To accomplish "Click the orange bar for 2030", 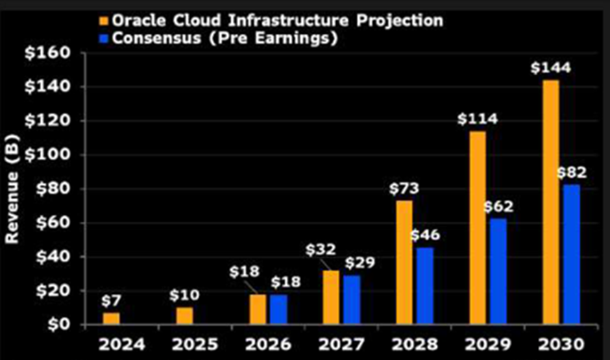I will pyautogui.click(x=550, y=202).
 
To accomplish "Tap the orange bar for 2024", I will pyautogui.click(x=112, y=318).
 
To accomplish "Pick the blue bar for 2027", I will pyautogui.click(x=352, y=299).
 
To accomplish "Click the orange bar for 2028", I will pyautogui.click(x=404, y=262).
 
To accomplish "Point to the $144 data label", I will pyautogui.click(x=550, y=67).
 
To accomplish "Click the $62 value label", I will pyautogui.click(x=498, y=207).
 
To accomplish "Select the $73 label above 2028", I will pyautogui.click(x=403, y=189).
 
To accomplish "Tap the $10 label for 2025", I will pyautogui.click(x=184, y=295).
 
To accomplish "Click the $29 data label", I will pyautogui.click(x=358, y=263).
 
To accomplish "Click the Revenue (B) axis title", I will pyautogui.click(x=12, y=188).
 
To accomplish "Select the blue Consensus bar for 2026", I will pyautogui.click(x=278, y=309).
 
